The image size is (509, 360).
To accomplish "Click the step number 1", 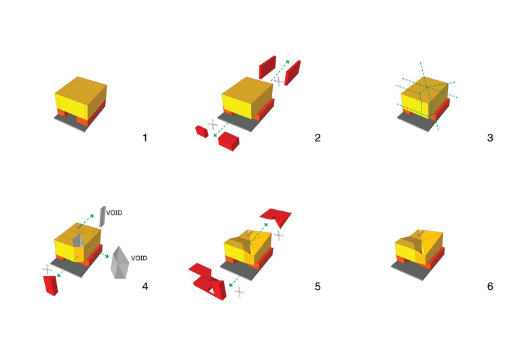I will point(145,139).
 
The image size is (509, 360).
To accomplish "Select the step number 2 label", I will point(317,139).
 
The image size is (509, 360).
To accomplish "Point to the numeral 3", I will point(489,139).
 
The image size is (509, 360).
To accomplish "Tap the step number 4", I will point(145,286).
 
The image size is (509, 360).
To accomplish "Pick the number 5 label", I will point(317,286).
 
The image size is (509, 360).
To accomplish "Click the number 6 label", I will point(489,286).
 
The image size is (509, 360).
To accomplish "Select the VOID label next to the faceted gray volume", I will point(139,258).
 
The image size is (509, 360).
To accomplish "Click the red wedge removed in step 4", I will point(50,285).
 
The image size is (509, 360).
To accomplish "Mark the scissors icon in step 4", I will point(47,269).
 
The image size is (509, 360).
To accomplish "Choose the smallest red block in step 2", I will point(201,131).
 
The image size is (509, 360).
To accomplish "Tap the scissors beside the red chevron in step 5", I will point(278,234).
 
